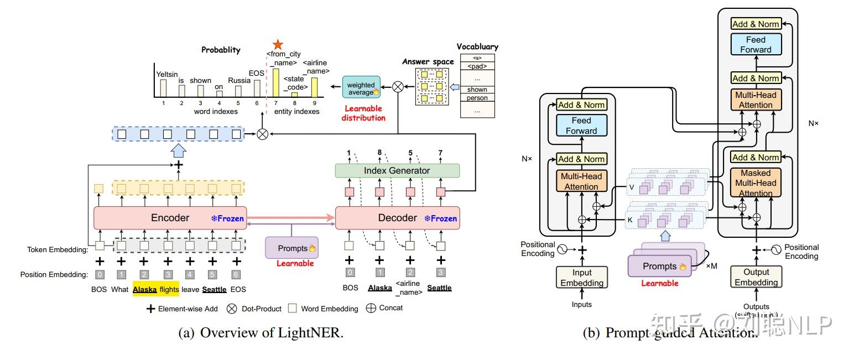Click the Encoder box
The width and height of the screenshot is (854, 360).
pos(170,218)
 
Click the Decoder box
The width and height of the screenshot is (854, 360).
pos(397,218)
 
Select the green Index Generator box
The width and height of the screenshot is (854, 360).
pos(397,170)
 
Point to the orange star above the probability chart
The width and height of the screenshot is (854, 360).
pos(278,44)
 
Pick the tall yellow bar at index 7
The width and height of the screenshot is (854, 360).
pos(276,82)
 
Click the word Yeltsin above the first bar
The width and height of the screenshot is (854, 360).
pos(166,74)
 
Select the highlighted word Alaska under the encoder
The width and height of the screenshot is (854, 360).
pos(145,289)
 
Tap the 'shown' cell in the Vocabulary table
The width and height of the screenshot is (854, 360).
pos(477,90)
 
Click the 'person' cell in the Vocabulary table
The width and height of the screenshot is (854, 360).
pos(477,98)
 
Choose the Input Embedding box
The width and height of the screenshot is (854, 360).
pos(582,278)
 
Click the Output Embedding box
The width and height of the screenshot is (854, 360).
pos(756,277)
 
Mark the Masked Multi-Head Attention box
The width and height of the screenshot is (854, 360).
pos(756,183)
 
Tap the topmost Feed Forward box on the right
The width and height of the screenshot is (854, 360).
pos(756,44)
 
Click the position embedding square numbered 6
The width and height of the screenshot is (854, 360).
pos(237,274)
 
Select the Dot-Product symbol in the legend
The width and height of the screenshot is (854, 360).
pos(232,309)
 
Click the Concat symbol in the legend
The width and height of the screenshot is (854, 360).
pos(370,308)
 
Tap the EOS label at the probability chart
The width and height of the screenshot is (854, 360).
pos(256,73)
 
